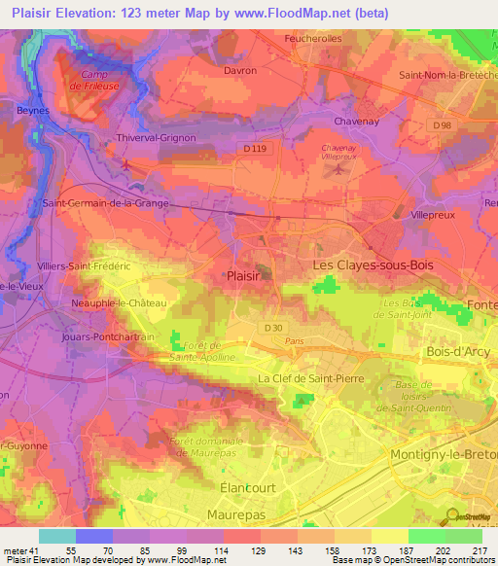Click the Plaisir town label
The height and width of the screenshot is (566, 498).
point(242,275)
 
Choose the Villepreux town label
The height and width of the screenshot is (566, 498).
point(433,213)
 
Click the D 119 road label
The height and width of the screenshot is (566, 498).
point(255,148)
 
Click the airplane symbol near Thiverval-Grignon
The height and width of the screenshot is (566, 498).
point(125,162)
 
